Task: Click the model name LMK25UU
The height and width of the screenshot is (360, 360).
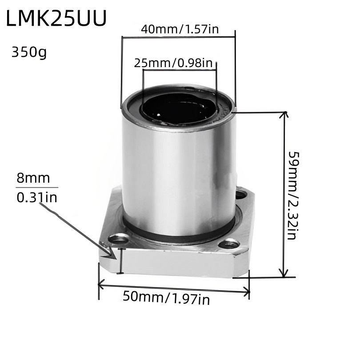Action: click(56, 20)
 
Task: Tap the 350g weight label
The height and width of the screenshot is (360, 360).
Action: click(29, 52)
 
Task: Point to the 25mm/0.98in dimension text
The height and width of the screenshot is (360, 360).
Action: click(174, 63)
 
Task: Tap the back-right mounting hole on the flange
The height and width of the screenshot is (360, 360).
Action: click(241, 195)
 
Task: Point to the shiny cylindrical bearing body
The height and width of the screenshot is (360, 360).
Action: click(178, 169)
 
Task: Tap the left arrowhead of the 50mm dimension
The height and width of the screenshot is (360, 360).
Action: click(102, 283)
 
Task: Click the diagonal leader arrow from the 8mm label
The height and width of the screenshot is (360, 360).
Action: click(76, 229)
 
